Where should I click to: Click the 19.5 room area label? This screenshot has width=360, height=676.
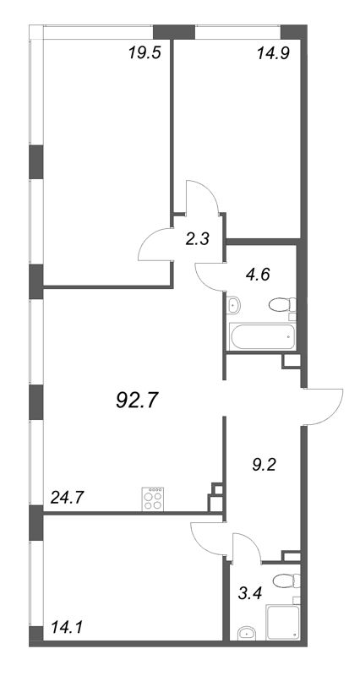coord(145,53)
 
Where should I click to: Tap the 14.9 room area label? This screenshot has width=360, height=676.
coord(272,53)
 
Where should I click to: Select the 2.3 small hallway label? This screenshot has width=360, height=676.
coord(198,238)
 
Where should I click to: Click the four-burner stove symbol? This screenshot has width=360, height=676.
coord(153,499)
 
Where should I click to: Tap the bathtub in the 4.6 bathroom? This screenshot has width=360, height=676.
coord(263,337)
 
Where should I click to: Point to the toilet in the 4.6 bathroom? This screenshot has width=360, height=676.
coord(282,305)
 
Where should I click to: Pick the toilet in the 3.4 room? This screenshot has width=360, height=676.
coord(286,581)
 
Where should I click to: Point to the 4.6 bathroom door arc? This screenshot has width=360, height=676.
coord(203,281)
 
